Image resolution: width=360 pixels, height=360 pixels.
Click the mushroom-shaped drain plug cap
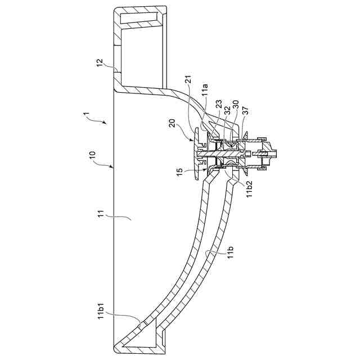click(195, 152)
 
